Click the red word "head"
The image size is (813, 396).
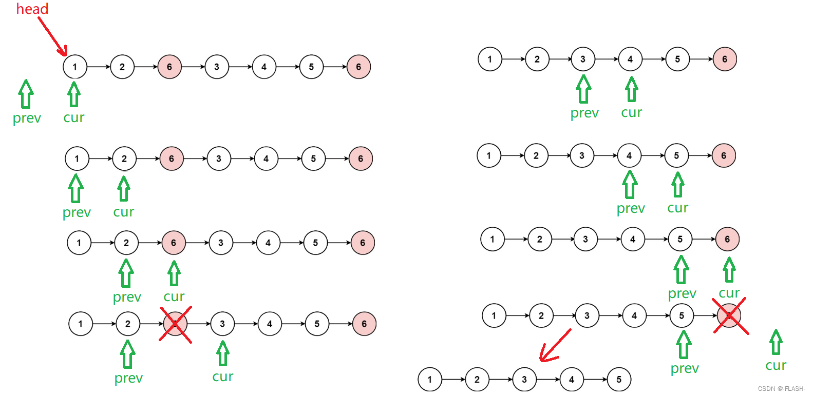coord(32,9)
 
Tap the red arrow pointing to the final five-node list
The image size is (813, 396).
coord(555,346)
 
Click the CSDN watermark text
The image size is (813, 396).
coord(781,388)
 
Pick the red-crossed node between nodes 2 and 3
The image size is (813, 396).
coord(175,324)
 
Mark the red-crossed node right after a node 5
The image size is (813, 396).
coord(729,315)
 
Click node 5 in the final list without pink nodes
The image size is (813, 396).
coord(619,380)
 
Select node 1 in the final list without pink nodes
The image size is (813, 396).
coord(430,380)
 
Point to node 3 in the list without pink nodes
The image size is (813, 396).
coord(524,380)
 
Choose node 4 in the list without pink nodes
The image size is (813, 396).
coord(572,380)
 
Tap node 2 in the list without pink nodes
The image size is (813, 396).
coord(477,380)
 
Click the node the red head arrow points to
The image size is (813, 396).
coord(75,67)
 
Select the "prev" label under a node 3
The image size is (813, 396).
coord(584,113)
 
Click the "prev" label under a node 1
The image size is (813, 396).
coord(77,212)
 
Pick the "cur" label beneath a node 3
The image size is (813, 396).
coord(223,377)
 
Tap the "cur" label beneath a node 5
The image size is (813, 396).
coord(678,208)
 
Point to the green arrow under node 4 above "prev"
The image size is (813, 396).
coord(630,184)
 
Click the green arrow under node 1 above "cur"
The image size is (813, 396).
coord(74,94)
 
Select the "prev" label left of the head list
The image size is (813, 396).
coord(27,118)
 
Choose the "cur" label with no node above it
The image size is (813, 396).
coord(776,365)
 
